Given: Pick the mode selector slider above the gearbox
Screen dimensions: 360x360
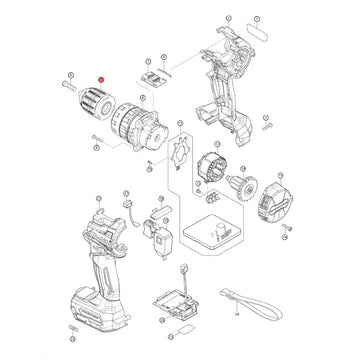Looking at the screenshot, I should [155, 76].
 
